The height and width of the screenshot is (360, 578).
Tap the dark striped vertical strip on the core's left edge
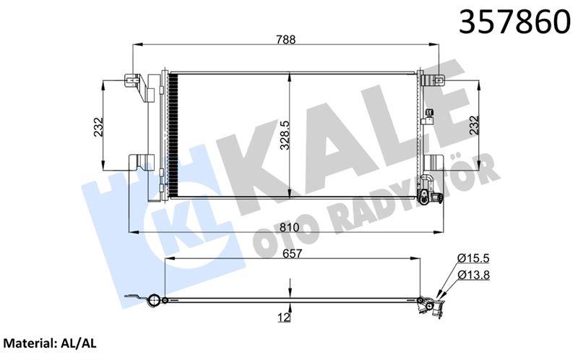point(173,134)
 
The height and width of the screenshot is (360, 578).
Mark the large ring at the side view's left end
point(153,301)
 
